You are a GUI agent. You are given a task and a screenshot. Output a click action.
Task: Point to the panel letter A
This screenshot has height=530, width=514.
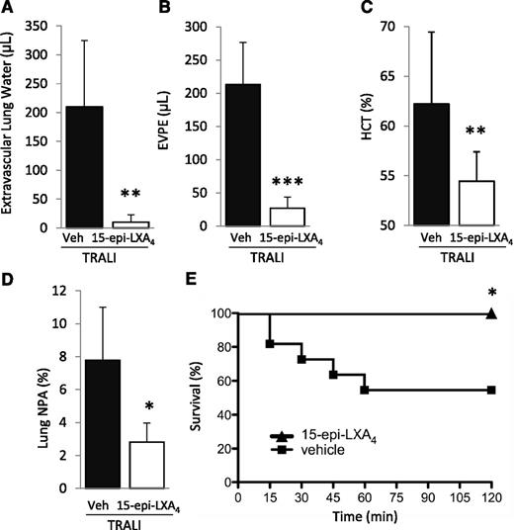pyautogui.click(x=8, y=9)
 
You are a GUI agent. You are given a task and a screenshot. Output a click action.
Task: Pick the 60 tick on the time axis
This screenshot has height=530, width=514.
pyautogui.click(x=365, y=500)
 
